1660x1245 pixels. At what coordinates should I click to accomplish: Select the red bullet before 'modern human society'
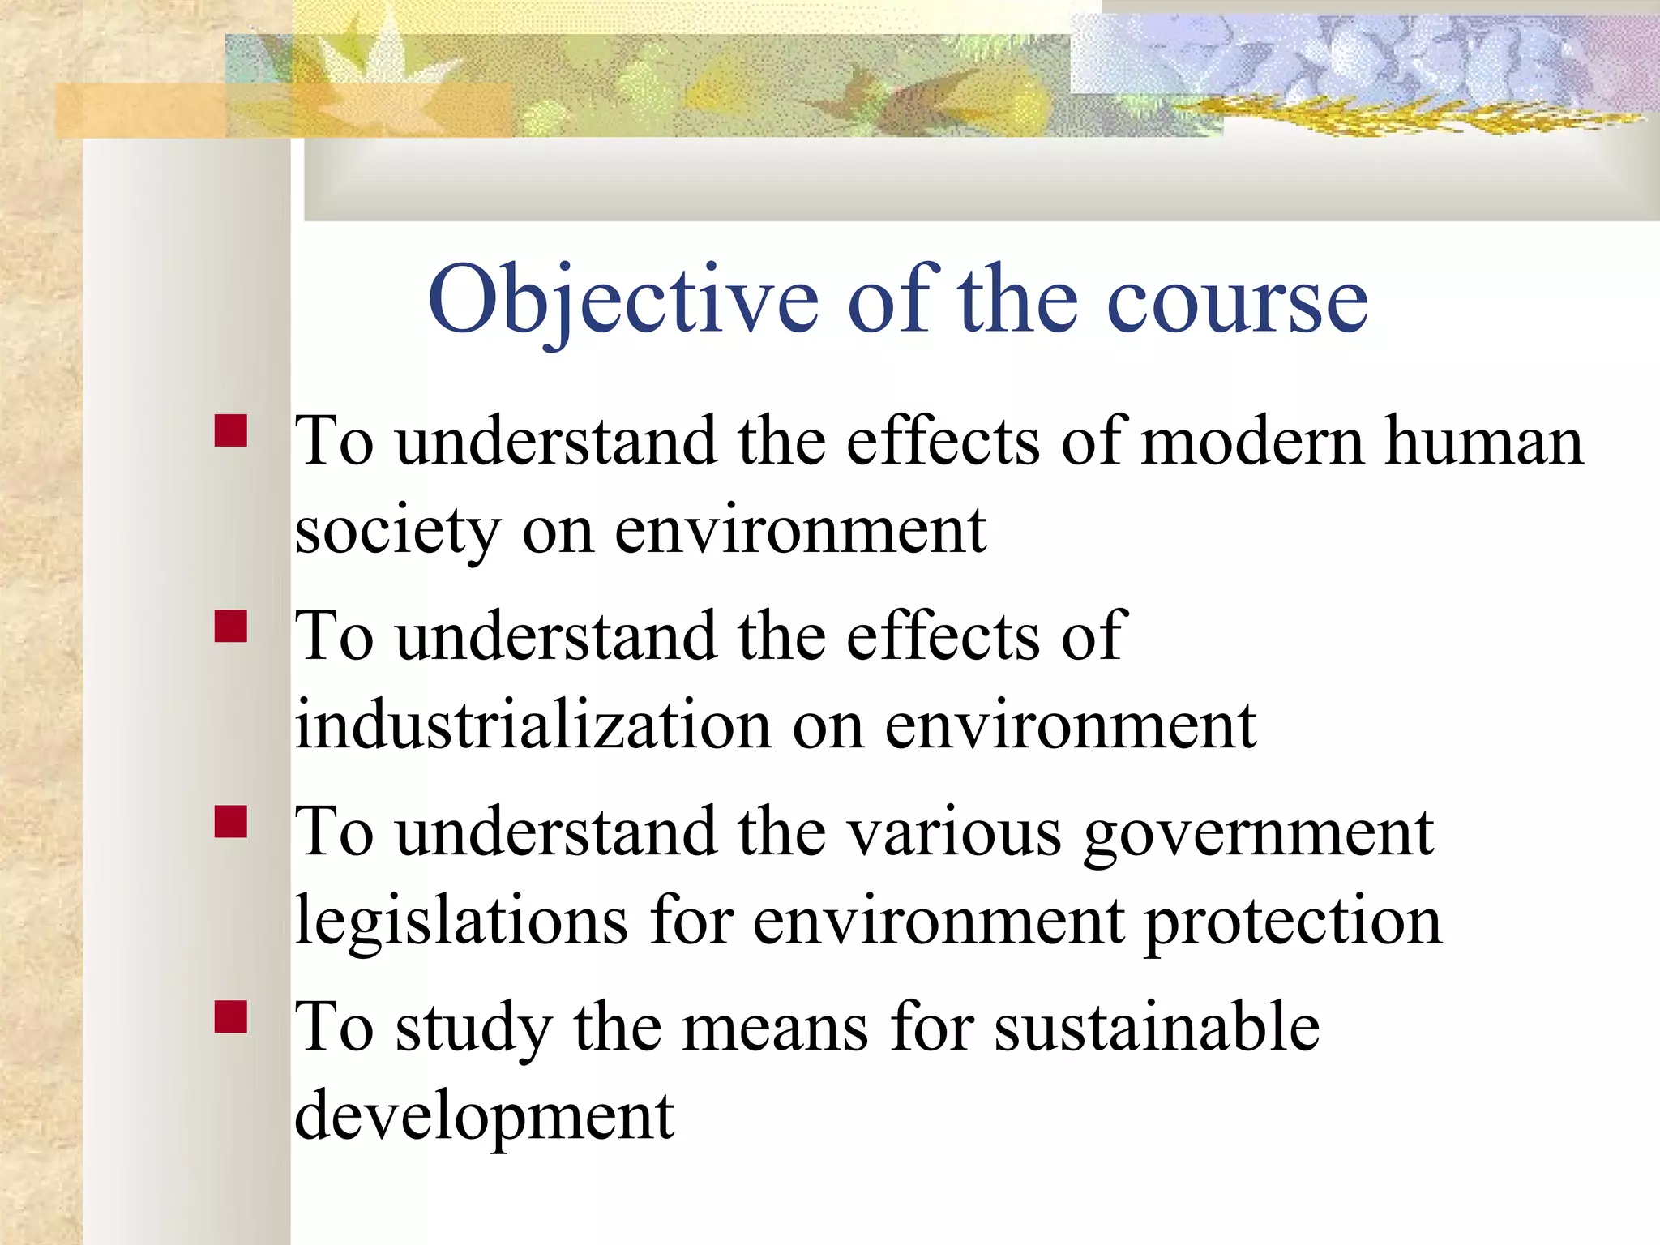tap(231, 431)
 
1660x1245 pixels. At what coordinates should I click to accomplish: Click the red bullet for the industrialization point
tap(231, 627)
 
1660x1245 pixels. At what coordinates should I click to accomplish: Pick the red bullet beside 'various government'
tap(231, 821)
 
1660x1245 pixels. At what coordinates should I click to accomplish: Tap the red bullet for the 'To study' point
tap(231, 1016)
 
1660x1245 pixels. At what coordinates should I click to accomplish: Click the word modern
tap(1253, 442)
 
